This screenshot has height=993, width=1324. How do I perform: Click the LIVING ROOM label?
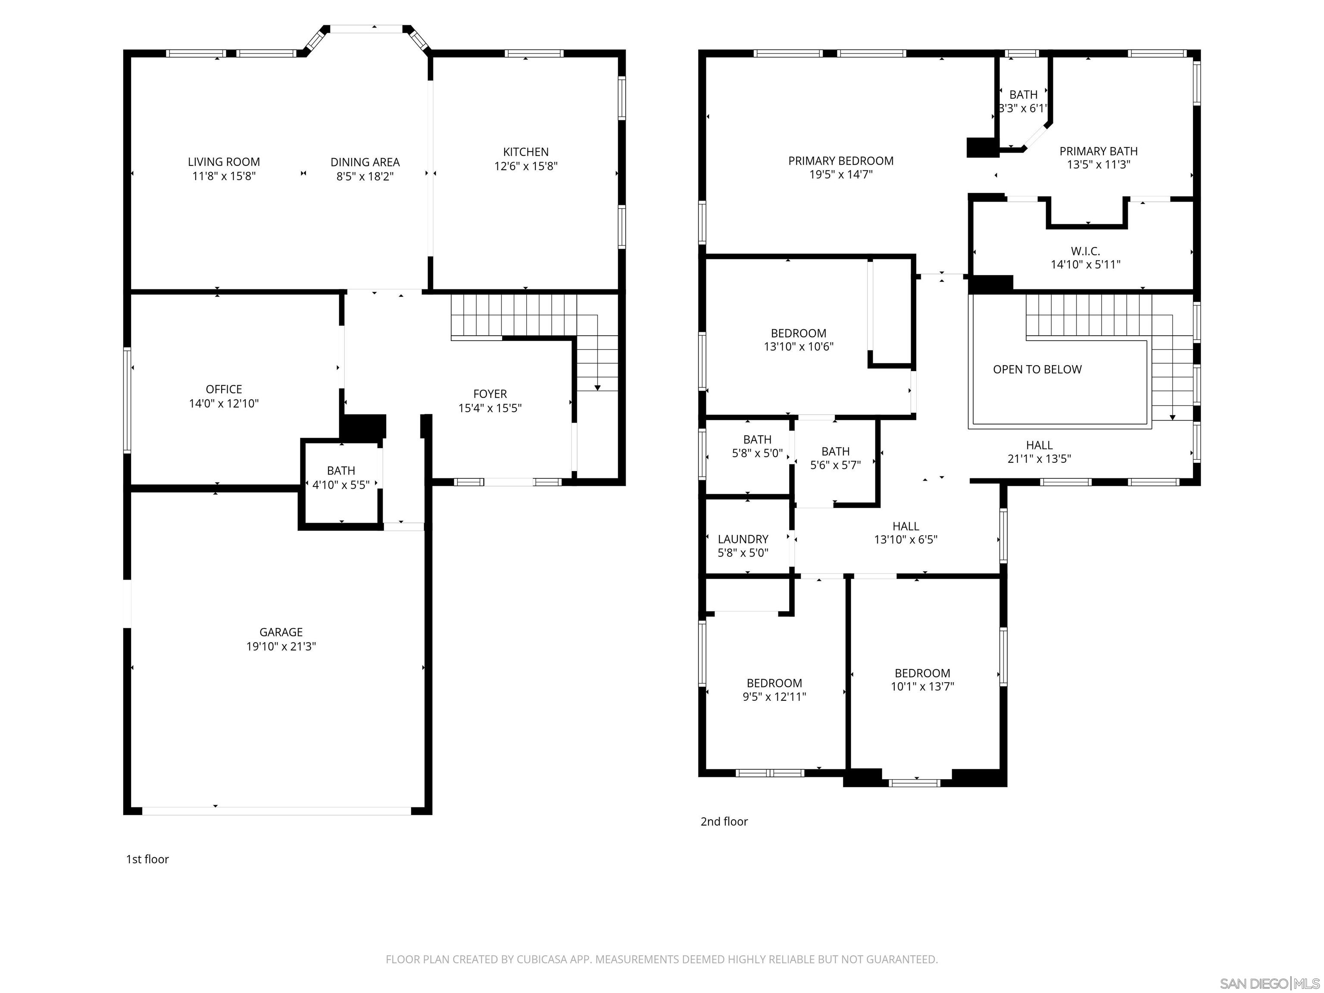224,162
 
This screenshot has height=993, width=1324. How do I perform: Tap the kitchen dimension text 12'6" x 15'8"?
525,166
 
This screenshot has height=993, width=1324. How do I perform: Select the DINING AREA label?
365,162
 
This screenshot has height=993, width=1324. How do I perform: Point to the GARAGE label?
281,632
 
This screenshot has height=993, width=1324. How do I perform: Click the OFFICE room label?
224,389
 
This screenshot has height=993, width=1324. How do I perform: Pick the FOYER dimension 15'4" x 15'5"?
490,408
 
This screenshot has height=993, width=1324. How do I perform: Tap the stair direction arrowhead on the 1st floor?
597,388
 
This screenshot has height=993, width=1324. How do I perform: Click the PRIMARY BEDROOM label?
840,160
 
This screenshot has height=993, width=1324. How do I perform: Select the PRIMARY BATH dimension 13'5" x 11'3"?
1098,165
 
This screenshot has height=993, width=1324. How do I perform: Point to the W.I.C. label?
1085,251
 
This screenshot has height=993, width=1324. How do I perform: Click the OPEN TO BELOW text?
1037,369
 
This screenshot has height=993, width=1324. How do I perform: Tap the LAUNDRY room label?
743,539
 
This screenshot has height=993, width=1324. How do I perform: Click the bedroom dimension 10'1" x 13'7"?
922,687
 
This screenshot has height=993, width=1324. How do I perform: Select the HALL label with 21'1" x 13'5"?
1039,445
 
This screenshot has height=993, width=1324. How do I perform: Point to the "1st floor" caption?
147,859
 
